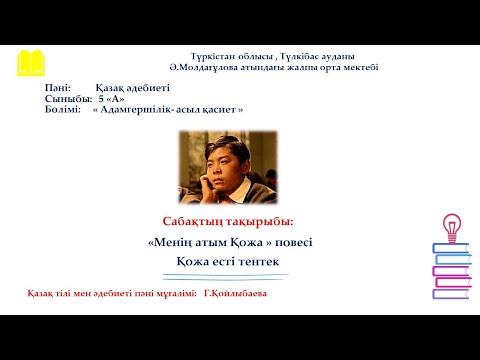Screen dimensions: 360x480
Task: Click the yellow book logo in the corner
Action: point(30,61)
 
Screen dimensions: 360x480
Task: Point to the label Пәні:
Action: point(59,89)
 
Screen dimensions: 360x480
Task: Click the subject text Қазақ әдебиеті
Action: point(129,89)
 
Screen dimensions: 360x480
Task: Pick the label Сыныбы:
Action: point(67,99)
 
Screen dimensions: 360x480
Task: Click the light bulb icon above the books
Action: point(450,227)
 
